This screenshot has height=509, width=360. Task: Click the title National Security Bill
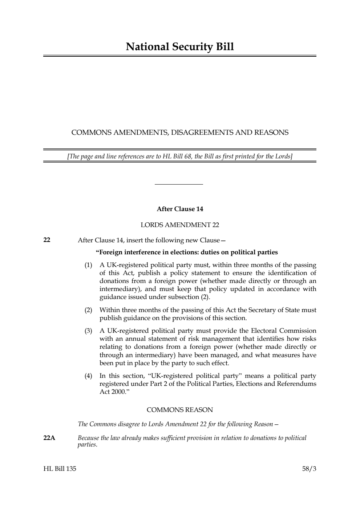point(180,47)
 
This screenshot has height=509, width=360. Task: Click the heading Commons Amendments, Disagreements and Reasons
point(180,133)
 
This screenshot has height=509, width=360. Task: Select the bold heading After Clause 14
point(180,209)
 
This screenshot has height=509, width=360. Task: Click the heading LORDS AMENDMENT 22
point(180,225)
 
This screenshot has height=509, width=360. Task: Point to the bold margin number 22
point(47,240)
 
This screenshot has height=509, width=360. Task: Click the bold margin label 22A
point(49,438)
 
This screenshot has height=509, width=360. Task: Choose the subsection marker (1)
point(88,265)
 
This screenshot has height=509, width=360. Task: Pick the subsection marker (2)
point(88,310)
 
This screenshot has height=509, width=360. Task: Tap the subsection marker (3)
point(88,331)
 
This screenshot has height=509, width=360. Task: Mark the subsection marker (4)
point(88,376)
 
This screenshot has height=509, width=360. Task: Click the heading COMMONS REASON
point(180,410)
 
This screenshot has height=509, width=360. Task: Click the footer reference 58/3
point(309,469)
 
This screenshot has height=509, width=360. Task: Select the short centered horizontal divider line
point(179,184)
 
